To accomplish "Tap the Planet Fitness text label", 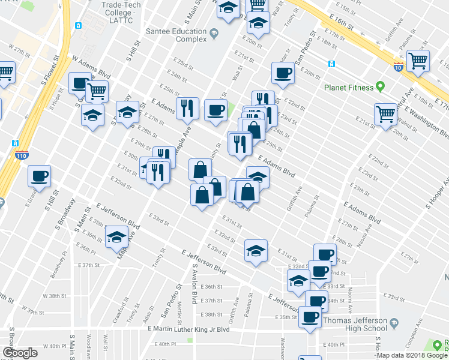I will point(349,88).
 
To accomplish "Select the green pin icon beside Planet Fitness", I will point(380,87).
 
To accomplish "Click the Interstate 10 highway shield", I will point(398,67).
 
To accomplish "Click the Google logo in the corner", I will point(20,353).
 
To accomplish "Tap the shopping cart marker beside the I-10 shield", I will point(418,61).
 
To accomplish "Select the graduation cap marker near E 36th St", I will point(116,236).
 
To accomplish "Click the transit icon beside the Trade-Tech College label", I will point(78,26).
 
